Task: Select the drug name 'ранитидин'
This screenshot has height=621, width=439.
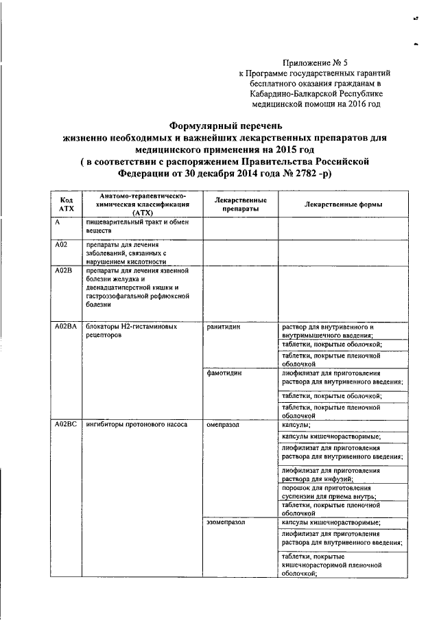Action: point(224,327)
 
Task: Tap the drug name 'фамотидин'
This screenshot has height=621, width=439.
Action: point(224,372)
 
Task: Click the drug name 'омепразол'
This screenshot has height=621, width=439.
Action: point(223,425)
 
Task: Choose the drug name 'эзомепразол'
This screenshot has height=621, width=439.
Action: point(226,522)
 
